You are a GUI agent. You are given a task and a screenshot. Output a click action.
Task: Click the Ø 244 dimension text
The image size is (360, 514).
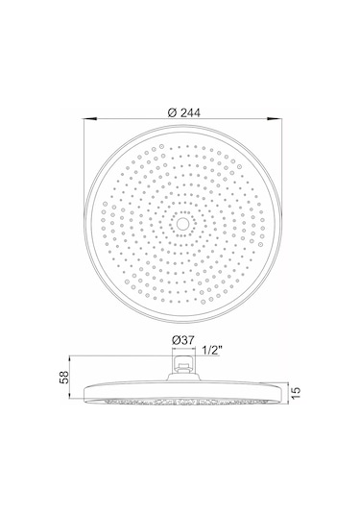coord(183,112)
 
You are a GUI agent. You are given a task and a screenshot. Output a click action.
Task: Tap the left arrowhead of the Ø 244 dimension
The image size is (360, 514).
coord(90,119)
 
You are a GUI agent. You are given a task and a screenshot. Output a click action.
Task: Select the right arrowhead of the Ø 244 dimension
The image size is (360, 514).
coord(275,119)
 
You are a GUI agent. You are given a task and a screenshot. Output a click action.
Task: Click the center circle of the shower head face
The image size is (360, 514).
coord(180,224)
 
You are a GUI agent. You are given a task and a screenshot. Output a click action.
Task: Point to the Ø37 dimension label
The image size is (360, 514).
coord(182,340)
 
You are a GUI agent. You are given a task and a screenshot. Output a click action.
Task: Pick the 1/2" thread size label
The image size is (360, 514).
coord(212,351)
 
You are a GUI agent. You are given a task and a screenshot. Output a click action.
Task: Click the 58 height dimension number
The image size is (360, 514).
coord(64,377)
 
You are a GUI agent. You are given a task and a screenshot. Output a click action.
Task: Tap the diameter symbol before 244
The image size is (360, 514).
coord(172,112)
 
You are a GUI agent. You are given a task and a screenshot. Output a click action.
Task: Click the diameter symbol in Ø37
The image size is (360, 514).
coord(176,340)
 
